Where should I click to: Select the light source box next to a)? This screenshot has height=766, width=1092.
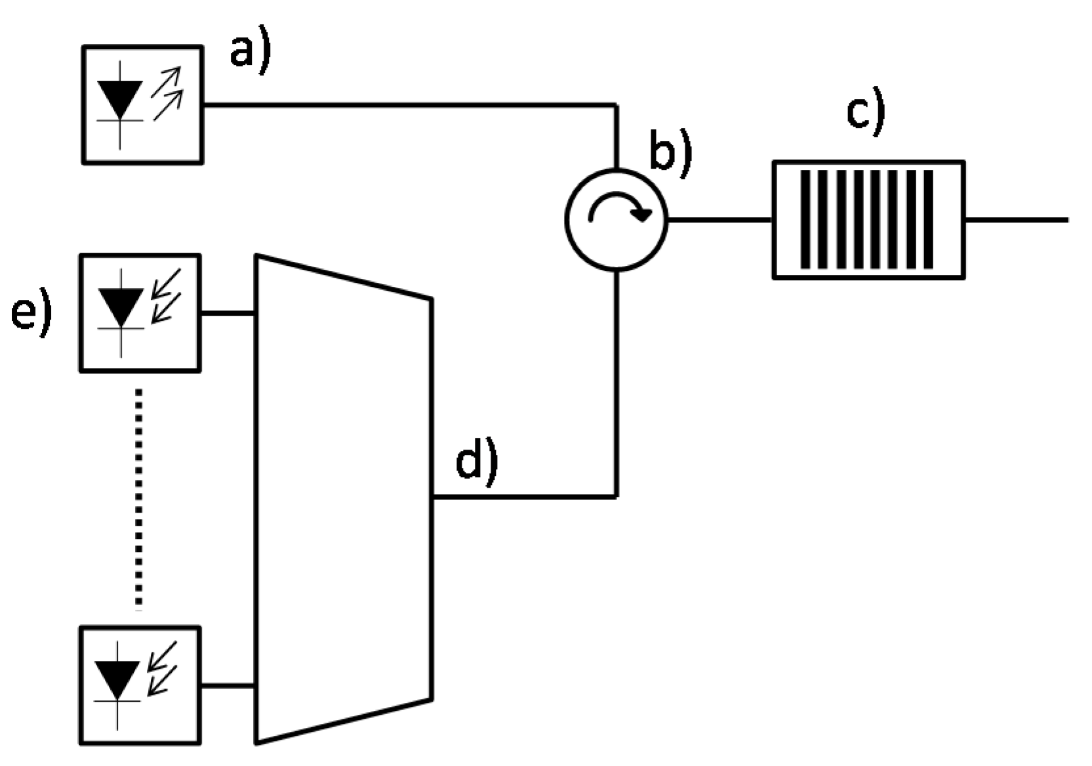[142, 104]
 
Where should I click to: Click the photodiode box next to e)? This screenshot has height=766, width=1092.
[140, 313]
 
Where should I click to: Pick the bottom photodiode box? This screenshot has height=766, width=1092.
[140, 685]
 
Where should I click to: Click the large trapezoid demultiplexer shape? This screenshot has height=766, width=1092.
[343, 499]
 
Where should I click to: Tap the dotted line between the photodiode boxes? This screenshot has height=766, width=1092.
[138, 499]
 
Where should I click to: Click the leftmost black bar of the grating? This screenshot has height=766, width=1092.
[805, 219]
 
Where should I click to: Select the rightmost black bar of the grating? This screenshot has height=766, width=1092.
[928, 219]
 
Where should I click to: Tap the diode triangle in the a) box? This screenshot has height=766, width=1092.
[119, 98]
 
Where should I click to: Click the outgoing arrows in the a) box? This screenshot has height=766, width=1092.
[167, 93]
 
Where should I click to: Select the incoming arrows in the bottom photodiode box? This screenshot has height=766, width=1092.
[161, 668]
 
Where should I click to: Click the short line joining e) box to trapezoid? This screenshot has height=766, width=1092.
[228, 314]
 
